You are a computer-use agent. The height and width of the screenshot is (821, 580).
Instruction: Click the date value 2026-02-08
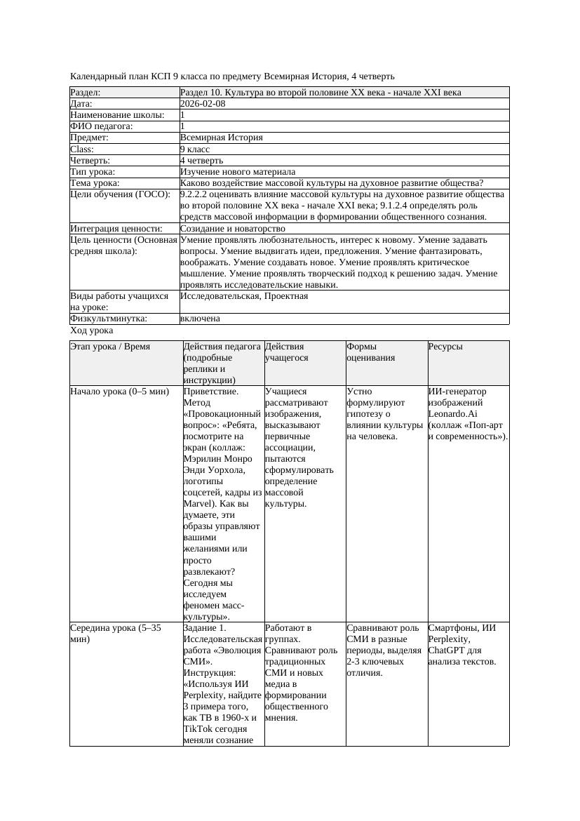pos(203,103)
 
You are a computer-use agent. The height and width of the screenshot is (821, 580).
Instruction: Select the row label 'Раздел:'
pos(86,92)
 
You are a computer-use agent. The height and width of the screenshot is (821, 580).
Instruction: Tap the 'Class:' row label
pos(83,149)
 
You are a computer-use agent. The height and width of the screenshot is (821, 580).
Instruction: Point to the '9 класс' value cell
pos(195,149)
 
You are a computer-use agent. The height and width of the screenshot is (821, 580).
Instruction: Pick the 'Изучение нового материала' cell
pos(237,171)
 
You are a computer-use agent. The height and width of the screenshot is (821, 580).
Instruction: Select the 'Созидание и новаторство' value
pos(232,228)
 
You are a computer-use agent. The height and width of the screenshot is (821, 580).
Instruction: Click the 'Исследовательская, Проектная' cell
pos(243,295)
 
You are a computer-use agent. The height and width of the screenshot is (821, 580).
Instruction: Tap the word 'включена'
pos(200,318)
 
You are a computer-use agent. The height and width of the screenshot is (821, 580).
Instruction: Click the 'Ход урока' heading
pos(92,330)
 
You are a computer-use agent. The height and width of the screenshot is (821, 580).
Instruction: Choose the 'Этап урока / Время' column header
pos(110,346)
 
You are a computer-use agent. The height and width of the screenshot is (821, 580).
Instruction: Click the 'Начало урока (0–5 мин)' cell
pos(120,391)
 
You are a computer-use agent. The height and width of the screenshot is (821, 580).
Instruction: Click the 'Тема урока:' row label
pos(95,182)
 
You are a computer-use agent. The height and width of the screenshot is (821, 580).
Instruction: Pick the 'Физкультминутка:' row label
pos(109,318)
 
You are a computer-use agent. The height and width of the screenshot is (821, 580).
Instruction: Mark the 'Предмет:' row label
pos(89,138)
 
